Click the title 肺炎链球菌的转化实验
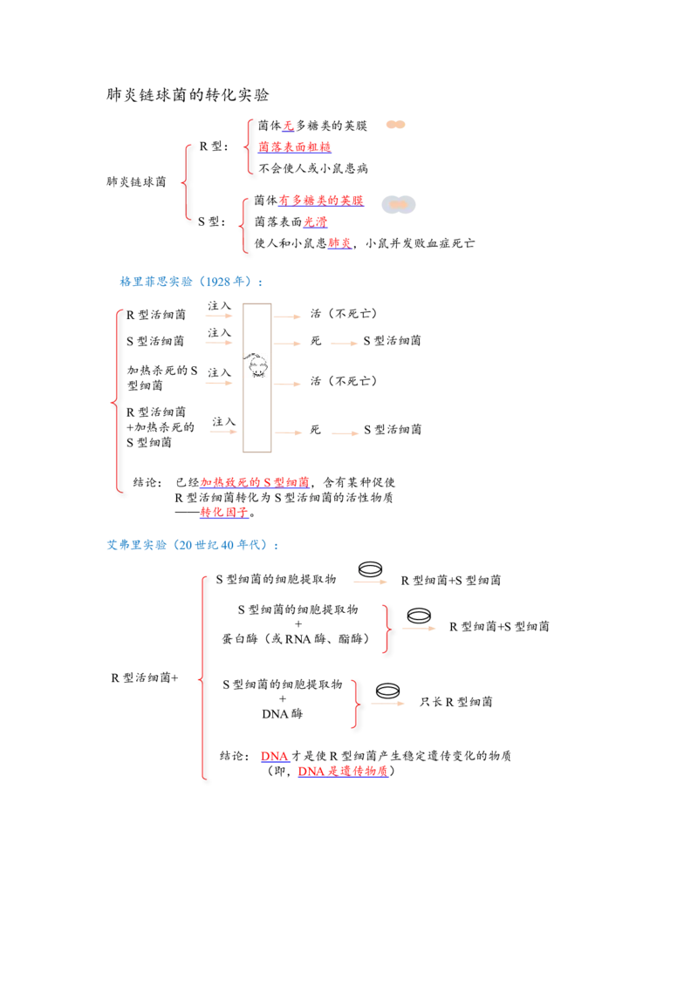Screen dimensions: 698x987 188,95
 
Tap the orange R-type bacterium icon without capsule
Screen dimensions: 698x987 395,125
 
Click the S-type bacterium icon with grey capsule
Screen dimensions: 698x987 399,205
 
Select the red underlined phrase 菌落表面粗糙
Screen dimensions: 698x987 294,147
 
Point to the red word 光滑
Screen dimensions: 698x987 316,221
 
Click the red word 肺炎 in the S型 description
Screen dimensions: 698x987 339,243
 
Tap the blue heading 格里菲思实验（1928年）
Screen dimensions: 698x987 191,282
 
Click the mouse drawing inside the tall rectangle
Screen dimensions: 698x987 257,365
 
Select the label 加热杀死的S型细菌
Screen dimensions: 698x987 162,378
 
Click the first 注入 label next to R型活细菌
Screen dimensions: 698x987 219,306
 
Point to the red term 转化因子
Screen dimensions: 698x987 224,513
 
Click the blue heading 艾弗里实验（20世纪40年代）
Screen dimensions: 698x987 192,544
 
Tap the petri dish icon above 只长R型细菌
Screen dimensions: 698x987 387,691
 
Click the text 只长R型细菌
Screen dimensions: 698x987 456,702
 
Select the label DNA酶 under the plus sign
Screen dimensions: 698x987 282,714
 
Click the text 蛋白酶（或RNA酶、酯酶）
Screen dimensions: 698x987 296,639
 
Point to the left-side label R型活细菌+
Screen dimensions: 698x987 145,678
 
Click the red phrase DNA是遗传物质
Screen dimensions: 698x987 343,771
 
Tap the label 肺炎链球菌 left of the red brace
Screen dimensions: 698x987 136,182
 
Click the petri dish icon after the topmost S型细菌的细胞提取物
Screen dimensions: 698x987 370,569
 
